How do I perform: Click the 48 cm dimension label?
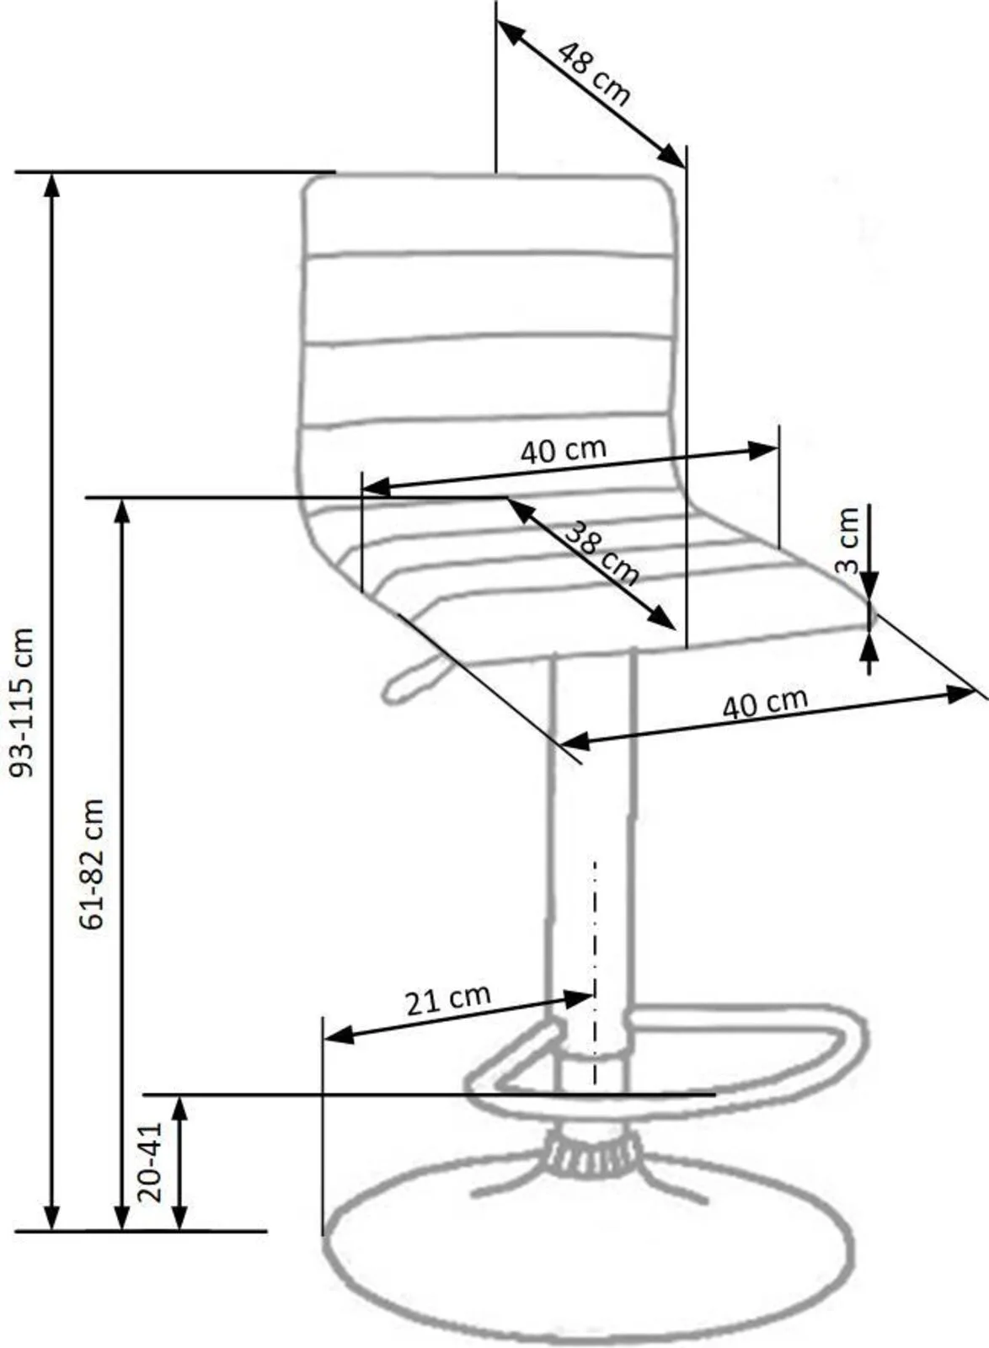tap(594, 74)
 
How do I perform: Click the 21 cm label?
tap(447, 1000)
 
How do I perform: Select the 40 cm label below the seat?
tap(764, 703)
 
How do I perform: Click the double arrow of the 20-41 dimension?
tap(179, 1162)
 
